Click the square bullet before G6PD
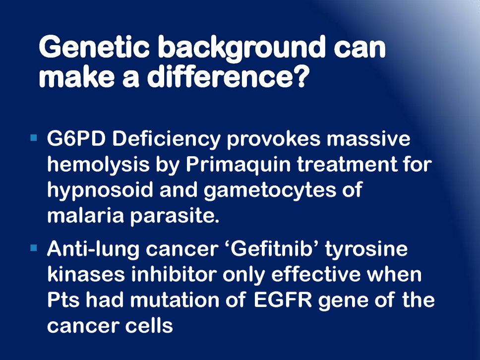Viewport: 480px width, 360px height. point(34,137)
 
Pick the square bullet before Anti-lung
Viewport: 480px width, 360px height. point(34,247)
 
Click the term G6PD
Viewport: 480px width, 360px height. point(76,139)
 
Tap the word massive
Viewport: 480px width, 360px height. point(368,139)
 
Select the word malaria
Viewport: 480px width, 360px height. point(85,216)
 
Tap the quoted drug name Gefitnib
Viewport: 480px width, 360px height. point(271,249)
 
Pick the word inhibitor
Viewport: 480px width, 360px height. point(174,274)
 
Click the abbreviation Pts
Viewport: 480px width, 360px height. point(63,300)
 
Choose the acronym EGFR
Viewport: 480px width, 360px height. point(283,300)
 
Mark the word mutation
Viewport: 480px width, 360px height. point(175,300)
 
